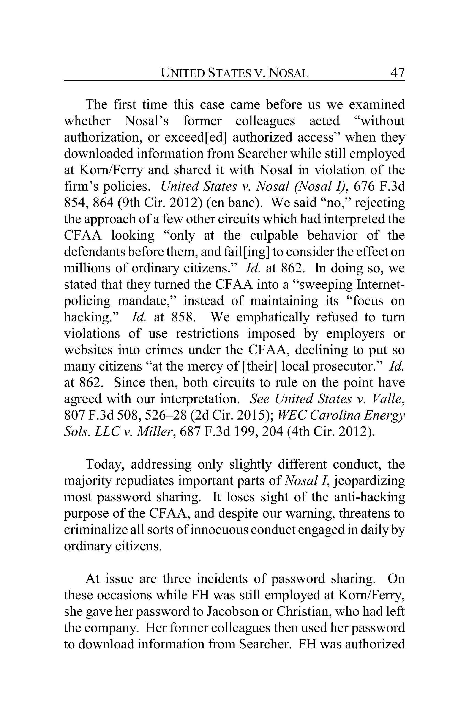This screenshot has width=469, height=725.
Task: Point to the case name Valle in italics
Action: [x=388, y=399]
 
